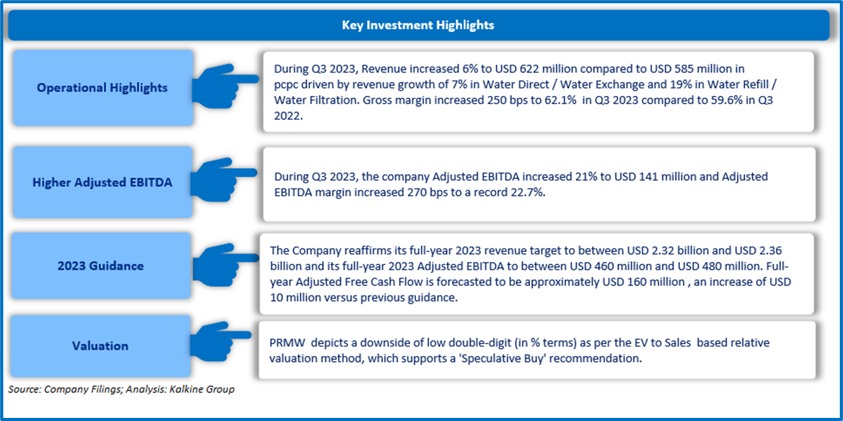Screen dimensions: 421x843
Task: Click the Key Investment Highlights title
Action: click(418, 25)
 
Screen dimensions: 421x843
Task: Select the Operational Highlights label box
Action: click(102, 88)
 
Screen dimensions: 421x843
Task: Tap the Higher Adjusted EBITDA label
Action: click(102, 183)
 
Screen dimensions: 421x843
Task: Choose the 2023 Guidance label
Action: click(100, 266)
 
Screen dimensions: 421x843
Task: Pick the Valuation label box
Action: click(100, 345)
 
